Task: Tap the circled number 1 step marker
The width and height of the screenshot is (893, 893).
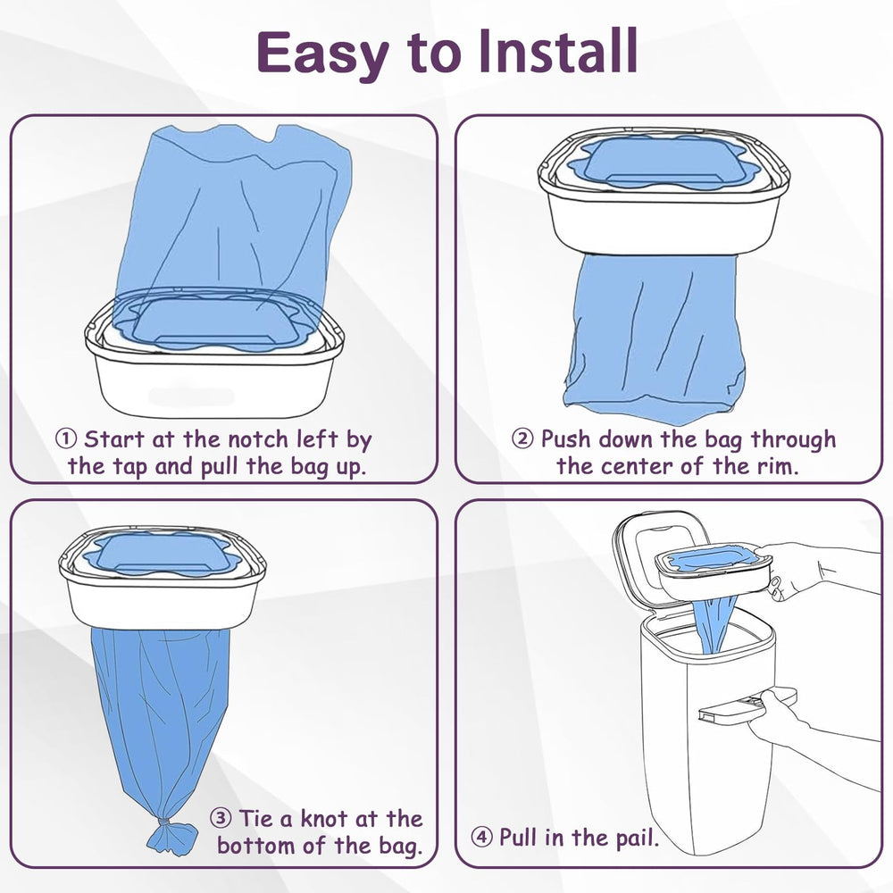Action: click(66, 439)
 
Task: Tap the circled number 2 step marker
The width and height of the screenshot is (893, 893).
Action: click(522, 439)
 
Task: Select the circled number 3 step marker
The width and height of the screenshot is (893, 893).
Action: click(221, 818)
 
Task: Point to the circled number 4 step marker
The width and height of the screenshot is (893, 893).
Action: click(482, 838)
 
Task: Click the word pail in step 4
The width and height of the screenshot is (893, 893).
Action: click(636, 838)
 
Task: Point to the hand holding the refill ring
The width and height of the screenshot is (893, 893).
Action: click(790, 572)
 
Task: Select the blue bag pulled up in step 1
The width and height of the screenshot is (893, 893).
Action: click(241, 214)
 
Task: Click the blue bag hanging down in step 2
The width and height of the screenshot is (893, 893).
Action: click(656, 339)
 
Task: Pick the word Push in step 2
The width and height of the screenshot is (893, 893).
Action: click(568, 439)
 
